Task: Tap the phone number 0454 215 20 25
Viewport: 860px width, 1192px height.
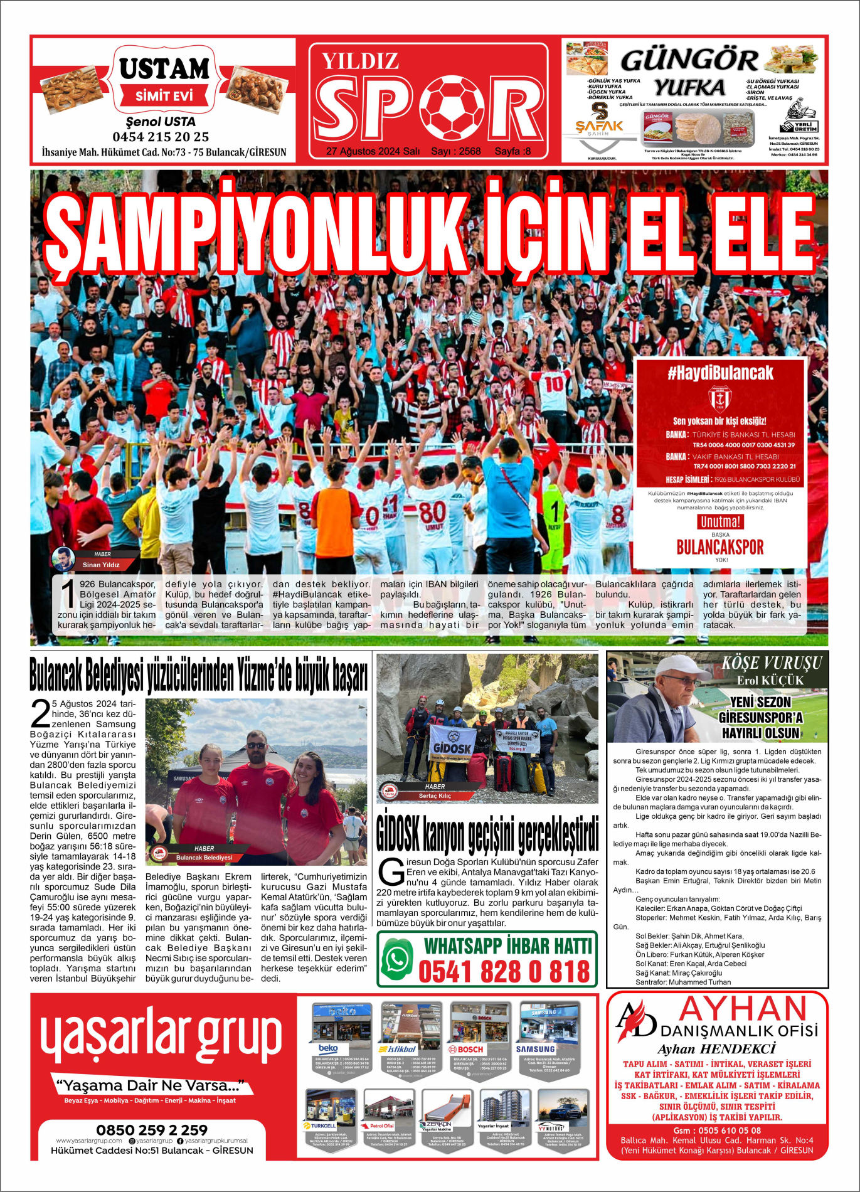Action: coord(161,137)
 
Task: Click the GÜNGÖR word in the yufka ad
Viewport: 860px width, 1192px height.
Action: coord(689,60)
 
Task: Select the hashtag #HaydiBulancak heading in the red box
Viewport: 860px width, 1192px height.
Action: coord(719,373)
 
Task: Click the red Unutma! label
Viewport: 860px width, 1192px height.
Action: coord(720,521)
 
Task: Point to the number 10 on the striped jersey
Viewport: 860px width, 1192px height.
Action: coord(554,383)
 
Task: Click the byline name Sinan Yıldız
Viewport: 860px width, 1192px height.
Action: coord(100,565)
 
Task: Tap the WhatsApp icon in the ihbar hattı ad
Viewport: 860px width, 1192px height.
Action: coord(397,959)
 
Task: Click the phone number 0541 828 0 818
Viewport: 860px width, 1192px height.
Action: coord(504,972)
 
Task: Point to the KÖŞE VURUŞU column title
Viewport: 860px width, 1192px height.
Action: coord(771,663)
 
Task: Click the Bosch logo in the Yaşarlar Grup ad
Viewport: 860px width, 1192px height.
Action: coord(466,1048)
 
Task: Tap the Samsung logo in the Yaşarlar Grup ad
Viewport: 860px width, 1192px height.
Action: coord(535,1048)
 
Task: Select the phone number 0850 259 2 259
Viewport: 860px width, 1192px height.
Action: coord(152,1130)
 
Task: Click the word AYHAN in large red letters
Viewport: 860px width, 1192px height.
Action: coord(743,1009)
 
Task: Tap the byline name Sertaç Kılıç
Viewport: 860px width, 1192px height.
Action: coord(435,796)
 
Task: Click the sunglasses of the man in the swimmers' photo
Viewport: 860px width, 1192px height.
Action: coord(256,745)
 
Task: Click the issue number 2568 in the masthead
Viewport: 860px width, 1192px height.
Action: coord(469,151)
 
